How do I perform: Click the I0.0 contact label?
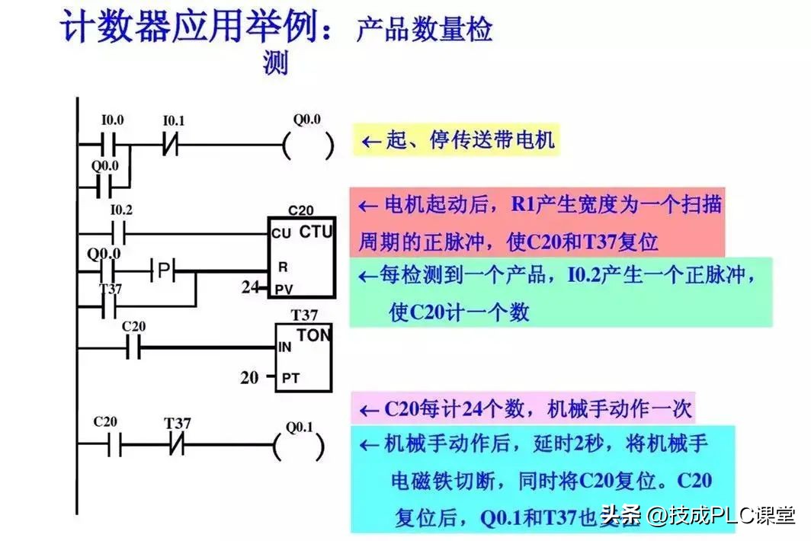pos(112,120)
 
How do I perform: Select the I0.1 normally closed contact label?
pos(174,120)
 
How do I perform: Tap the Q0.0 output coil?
pos(308,145)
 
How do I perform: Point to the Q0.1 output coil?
pos(300,444)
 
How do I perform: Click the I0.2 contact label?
pos(121,210)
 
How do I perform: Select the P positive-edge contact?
pos(162,269)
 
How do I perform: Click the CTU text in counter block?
pos(316,231)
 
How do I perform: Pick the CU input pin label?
pos(280,234)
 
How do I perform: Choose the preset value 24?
pos(249,288)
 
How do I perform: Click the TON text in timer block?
pos(313,336)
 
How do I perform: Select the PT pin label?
pos(290,377)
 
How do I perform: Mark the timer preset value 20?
pos(249,376)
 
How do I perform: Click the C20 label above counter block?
pos(301,210)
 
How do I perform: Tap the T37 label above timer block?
pos(304,315)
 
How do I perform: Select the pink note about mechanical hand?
pos(524,409)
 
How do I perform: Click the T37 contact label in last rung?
pos(178,422)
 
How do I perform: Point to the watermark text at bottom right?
pos(697,516)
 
